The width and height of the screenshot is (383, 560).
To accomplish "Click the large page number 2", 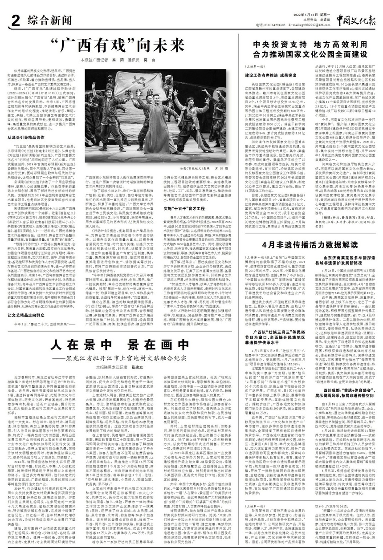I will pyautogui.click(x=13, y=20).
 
